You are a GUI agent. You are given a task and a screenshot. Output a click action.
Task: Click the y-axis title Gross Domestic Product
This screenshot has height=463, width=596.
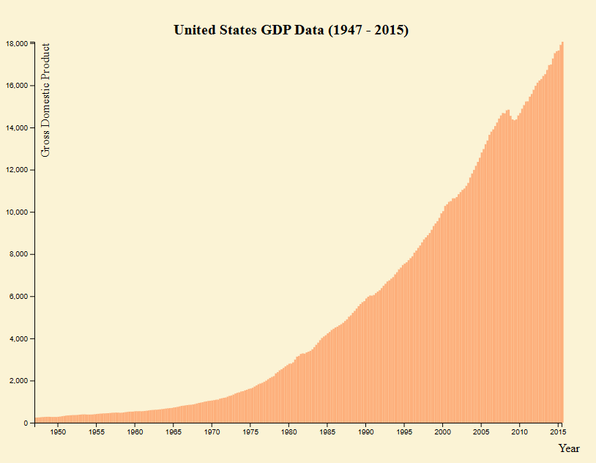click(x=46, y=100)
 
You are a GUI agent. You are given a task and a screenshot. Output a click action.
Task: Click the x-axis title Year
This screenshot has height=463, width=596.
click(x=568, y=448)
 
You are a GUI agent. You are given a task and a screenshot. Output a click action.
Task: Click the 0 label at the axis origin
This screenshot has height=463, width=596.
click(x=25, y=423)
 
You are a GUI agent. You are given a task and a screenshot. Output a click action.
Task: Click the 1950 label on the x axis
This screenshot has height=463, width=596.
click(x=58, y=433)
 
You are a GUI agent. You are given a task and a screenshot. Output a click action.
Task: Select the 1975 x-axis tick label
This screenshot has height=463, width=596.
click(x=250, y=433)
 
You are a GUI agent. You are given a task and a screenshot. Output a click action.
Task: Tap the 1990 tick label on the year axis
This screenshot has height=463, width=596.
click(x=365, y=433)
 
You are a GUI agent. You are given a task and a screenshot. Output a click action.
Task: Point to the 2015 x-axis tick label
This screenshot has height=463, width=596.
click(x=558, y=433)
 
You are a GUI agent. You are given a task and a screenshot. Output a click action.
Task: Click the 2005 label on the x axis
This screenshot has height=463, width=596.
click(x=481, y=433)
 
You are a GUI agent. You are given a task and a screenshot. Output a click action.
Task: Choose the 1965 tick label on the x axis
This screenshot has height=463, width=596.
click(x=174, y=433)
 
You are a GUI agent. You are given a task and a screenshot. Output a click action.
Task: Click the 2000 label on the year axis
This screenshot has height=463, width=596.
click(x=442, y=433)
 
